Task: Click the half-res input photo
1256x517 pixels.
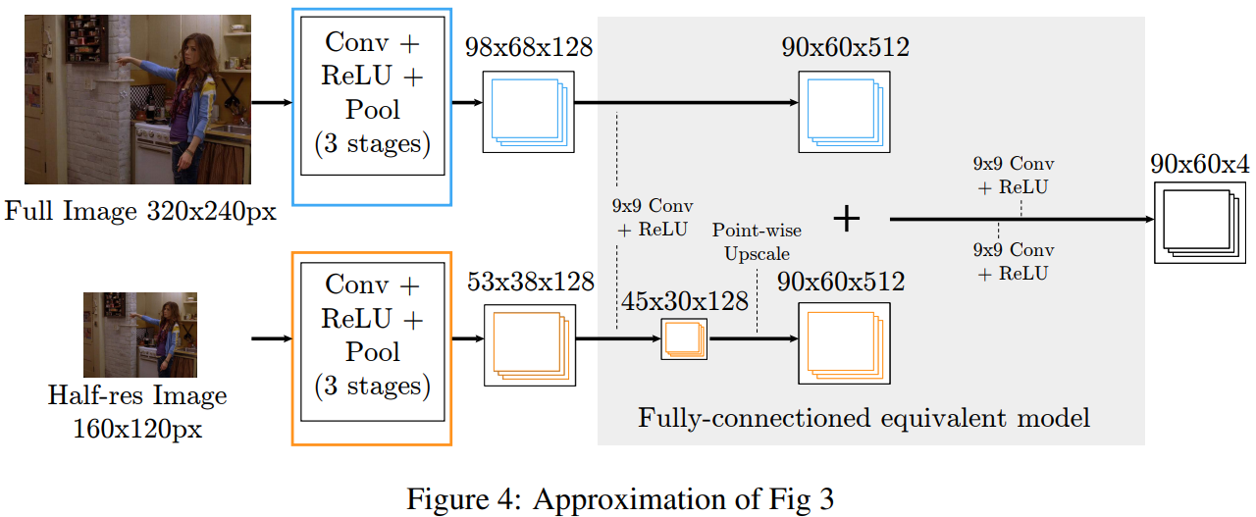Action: point(139,336)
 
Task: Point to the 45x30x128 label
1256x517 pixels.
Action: point(683,300)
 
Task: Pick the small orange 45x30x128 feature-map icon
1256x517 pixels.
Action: point(683,338)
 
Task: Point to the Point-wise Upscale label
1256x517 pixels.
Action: point(757,241)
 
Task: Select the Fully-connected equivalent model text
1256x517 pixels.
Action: point(863,418)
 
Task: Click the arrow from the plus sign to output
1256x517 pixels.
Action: point(1020,220)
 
